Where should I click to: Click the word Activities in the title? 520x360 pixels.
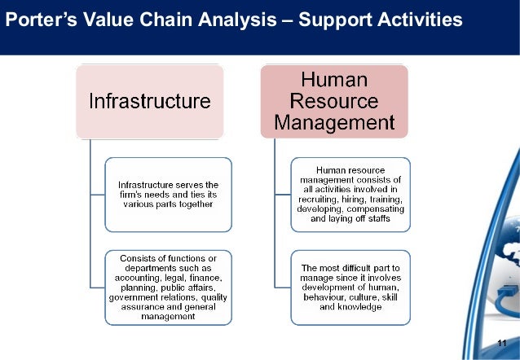[x=415, y=17]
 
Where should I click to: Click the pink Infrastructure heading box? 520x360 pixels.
[x=150, y=102]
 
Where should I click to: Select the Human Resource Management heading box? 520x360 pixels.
[x=334, y=102]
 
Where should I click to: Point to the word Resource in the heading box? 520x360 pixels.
[x=334, y=102]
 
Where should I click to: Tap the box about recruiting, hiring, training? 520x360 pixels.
[x=351, y=195]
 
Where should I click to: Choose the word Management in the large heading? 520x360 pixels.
[x=334, y=124]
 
